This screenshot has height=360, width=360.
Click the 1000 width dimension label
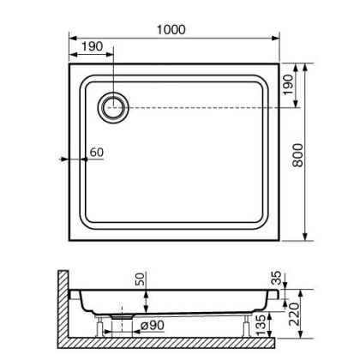pyautogui.click(x=171, y=29)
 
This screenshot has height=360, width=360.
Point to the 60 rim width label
pyautogui.click(x=96, y=153)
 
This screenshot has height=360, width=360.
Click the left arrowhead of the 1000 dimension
pyautogui.click(x=70, y=37)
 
